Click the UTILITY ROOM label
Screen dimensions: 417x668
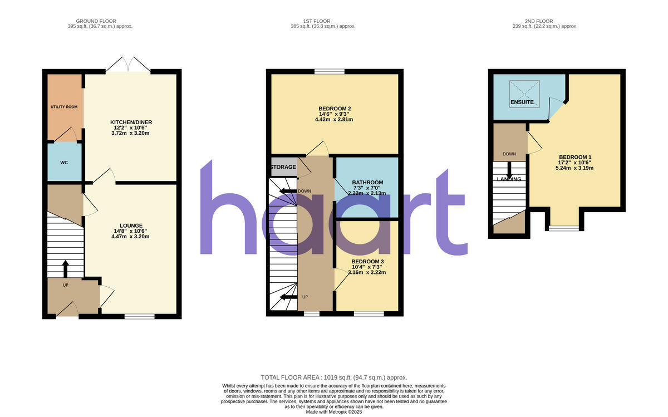click(64, 106)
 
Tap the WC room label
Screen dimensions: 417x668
click(64, 163)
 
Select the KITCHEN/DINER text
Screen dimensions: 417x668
click(131, 122)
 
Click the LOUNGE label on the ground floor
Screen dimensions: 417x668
click(130, 225)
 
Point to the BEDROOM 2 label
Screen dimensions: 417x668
click(335, 109)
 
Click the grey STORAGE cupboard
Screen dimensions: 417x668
click(283, 167)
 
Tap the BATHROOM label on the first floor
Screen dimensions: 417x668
click(367, 183)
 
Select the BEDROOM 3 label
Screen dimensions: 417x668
click(367, 261)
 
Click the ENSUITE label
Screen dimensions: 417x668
click(522, 102)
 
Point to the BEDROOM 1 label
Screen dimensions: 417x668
click(574, 157)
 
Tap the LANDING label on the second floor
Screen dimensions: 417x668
click(509, 179)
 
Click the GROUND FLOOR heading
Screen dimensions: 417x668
click(96, 21)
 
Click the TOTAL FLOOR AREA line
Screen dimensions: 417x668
click(338, 377)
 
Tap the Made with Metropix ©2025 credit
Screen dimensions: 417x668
click(334, 412)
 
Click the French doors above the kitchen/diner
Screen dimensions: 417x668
click(128, 66)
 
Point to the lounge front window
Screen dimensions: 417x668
click(139, 316)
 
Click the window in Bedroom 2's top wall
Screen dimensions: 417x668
click(328, 71)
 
